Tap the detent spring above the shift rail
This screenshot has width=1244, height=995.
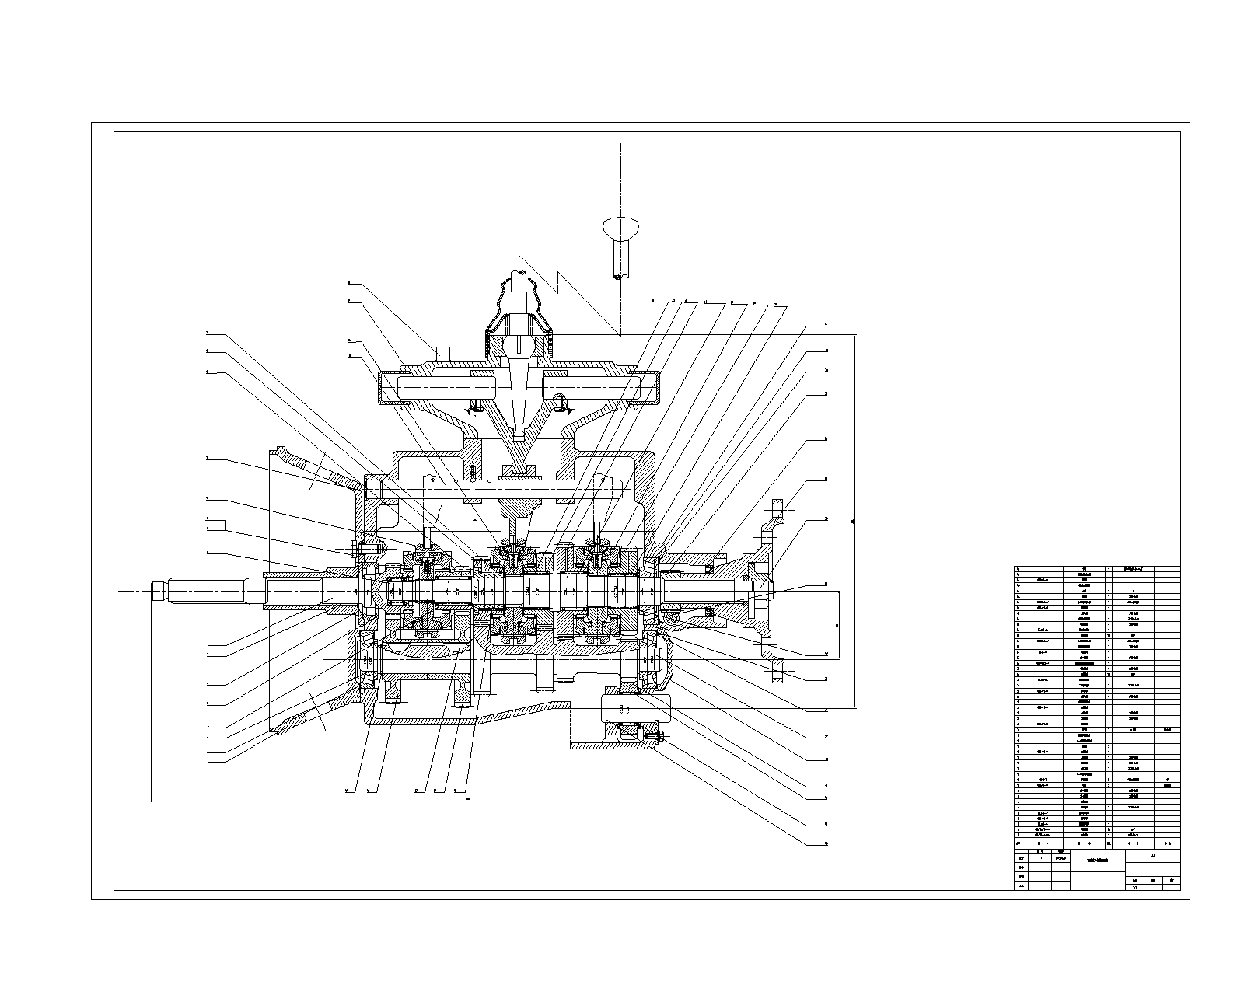472,472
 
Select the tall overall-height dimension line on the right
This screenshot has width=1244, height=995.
855,521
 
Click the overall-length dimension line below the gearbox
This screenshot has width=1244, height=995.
466,801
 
